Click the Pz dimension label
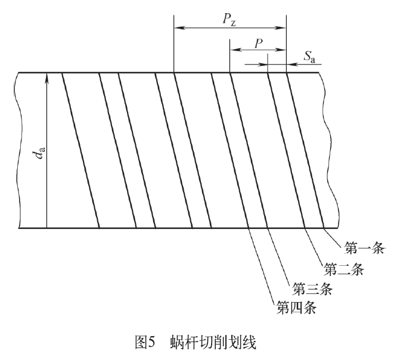tap(229, 18)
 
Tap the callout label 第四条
tap(294, 309)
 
